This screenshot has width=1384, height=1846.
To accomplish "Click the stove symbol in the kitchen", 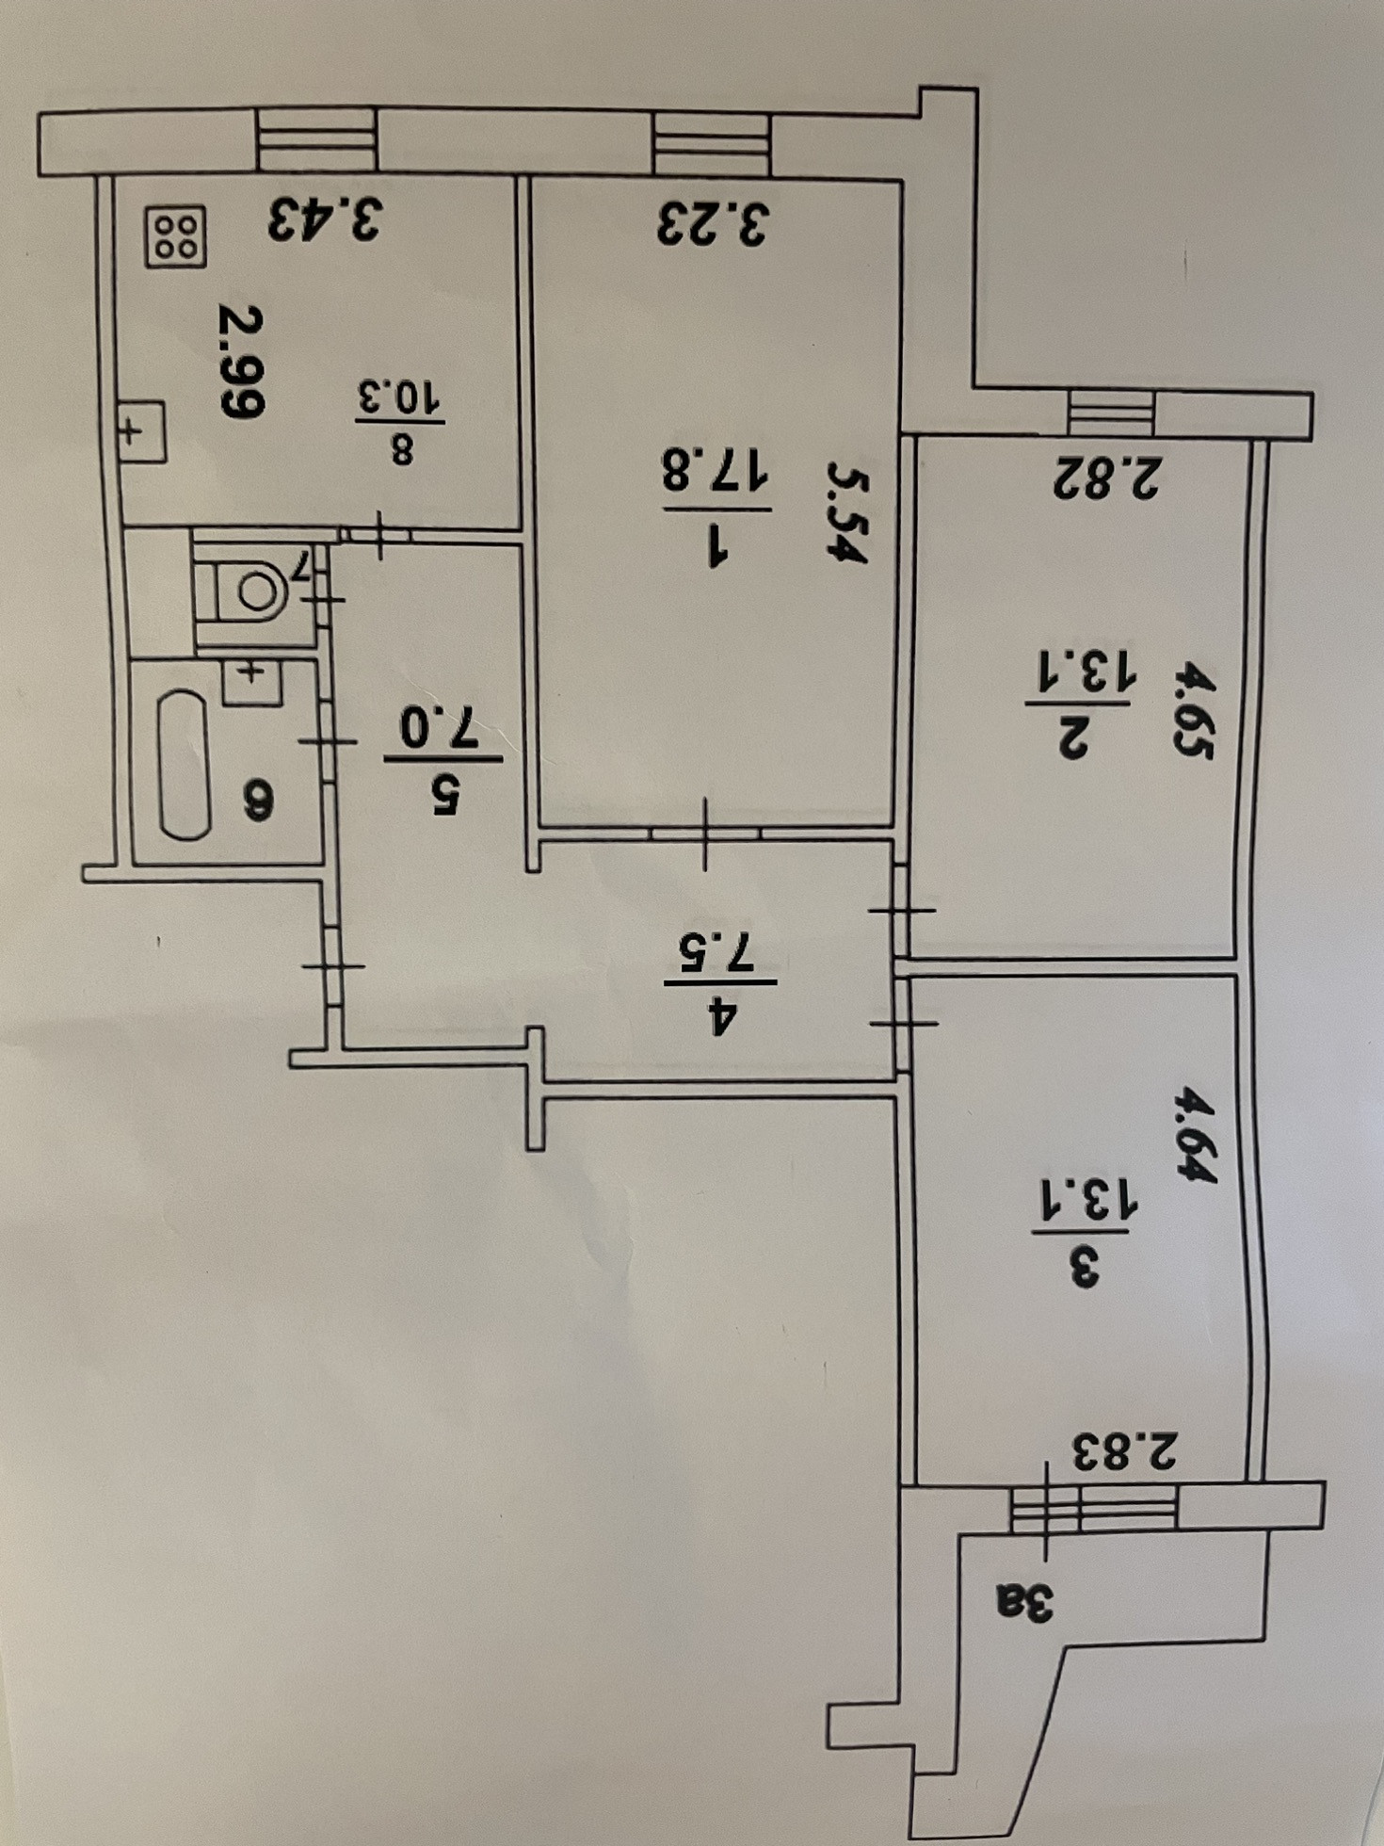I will pos(176,236).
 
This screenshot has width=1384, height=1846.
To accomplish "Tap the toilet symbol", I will pos(252,591).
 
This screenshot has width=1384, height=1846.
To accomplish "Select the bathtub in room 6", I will pos(184,765).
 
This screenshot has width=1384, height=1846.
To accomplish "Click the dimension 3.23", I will pos(713,224).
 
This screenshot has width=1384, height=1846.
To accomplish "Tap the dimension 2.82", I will pos(1108,478).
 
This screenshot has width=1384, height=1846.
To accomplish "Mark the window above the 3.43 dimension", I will pos(317,141).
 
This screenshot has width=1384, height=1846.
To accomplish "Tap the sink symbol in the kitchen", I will pos(141,431).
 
